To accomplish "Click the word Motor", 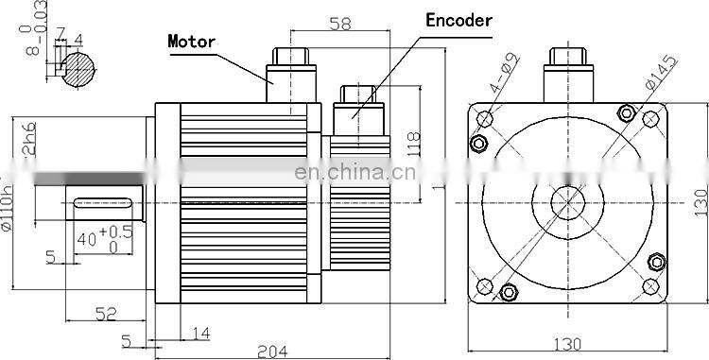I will (x=193, y=41).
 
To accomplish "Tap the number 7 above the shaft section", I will (x=61, y=36).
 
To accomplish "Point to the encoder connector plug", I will (x=358, y=106).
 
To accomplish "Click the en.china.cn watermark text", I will (x=351, y=173).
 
